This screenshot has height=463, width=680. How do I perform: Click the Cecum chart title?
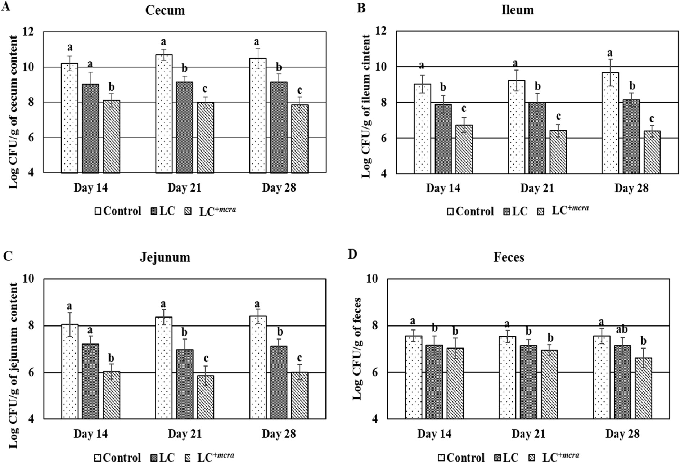pyautogui.click(x=165, y=10)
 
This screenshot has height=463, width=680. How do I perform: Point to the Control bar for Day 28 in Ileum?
pyautogui.click(x=610, y=122)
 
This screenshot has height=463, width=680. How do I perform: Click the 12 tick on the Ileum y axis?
pyautogui.click(x=381, y=31)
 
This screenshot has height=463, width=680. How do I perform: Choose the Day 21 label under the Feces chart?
pyautogui.click(x=528, y=434)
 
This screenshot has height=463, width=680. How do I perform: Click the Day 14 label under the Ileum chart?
pyautogui.click(x=443, y=188)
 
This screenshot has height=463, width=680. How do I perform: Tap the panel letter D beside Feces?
pyautogui.click(x=352, y=255)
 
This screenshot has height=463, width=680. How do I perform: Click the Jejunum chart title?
pyautogui.click(x=165, y=257)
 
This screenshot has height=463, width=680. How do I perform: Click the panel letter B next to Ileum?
pyautogui.click(x=361, y=8)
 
